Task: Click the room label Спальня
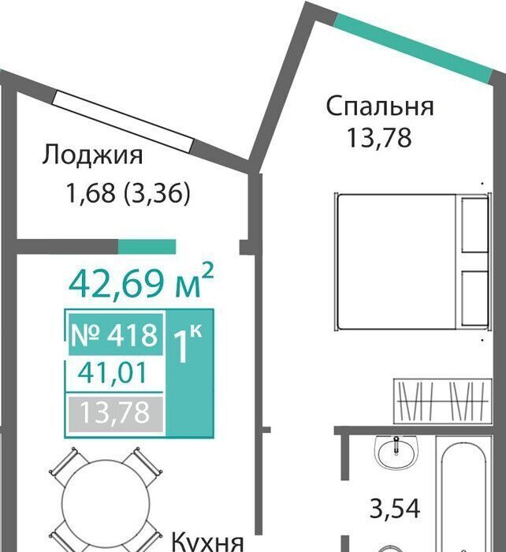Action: coord(380,106)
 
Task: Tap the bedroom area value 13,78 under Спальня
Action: coord(379,138)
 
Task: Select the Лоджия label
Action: coord(92,155)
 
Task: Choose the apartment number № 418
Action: coord(114,334)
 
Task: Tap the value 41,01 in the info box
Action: coord(112,373)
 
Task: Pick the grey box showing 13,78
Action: coord(115,414)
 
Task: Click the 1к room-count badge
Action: coord(189,374)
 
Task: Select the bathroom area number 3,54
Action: coord(394,509)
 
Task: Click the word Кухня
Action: coord(208,543)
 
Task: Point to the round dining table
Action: coord(106,502)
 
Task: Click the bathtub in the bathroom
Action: coord(463,494)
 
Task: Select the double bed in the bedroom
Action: coord(412,262)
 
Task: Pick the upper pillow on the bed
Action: coord(474,225)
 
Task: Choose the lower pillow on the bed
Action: coord(474,298)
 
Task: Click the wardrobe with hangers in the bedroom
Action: coord(442,401)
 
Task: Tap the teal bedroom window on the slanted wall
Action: coord(412,48)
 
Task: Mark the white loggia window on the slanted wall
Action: coord(123,121)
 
